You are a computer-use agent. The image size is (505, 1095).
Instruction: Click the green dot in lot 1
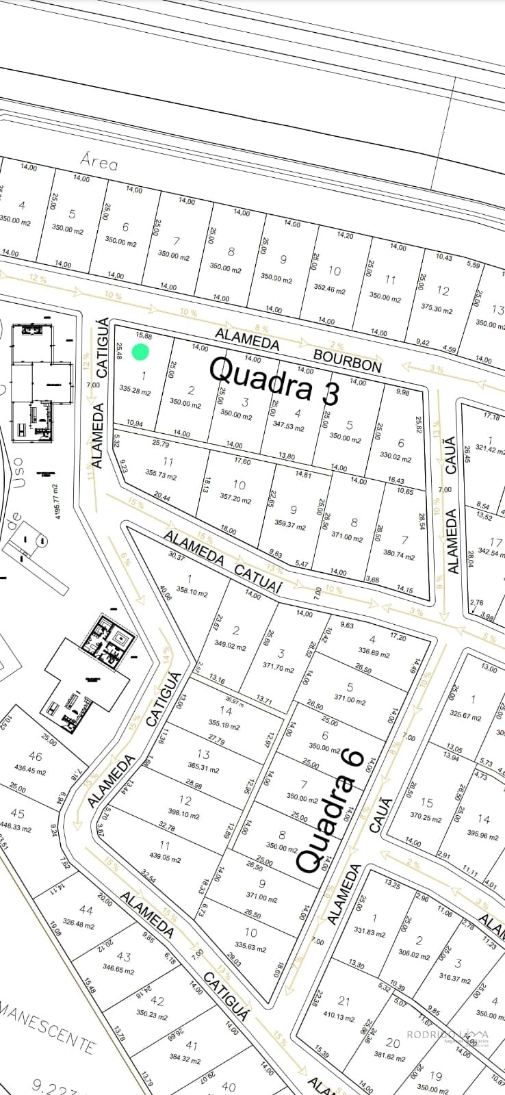[x=140, y=352]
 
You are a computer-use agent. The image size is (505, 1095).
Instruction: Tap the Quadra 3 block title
[x=274, y=380]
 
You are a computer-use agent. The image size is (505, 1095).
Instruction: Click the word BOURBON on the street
[x=348, y=360]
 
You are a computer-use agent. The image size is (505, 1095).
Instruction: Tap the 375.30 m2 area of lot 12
[x=437, y=309]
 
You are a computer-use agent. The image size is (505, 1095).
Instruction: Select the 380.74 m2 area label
[x=398, y=556]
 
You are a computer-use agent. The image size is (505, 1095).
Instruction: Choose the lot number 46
[x=35, y=756]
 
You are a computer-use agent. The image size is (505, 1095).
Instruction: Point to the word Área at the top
[x=99, y=162]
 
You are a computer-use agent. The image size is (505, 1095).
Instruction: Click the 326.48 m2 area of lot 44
[x=78, y=924]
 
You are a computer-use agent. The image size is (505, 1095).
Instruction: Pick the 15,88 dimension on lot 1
[x=144, y=335]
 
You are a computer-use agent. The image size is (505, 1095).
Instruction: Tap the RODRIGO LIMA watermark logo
[x=448, y=1035]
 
